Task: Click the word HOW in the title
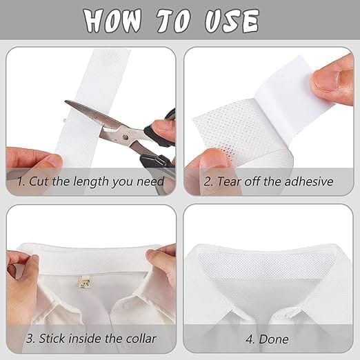click(x=112, y=21)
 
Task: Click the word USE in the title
click(x=232, y=21)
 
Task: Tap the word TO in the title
click(x=174, y=21)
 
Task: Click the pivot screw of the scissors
click(x=125, y=137)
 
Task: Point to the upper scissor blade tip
click(x=66, y=101)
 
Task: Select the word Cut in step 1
click(x=39, y=181)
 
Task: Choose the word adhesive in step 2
click(x=309, y=181)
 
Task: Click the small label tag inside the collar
click(x=85, y=282)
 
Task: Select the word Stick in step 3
click(x=52, y=339)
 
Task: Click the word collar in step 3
click(x=141, y=339)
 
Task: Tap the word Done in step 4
click(x=274, y=339)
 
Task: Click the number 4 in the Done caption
click(x=250, y=339)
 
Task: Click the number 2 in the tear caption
click(x=208, y=181)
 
